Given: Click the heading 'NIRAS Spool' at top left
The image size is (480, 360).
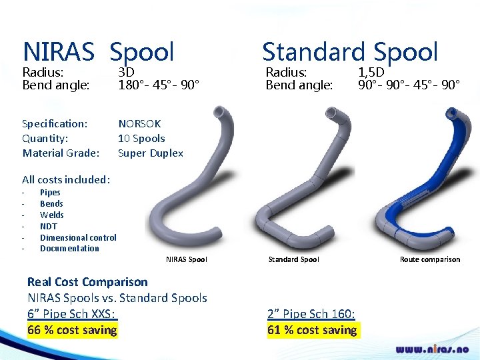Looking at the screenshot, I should coord(98,52).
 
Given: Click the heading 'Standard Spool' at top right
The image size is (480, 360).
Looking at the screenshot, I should coord(350,52).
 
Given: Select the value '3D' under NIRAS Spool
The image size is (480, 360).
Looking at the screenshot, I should coord(126,72).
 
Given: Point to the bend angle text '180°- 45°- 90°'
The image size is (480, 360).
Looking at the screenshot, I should coord(159,85).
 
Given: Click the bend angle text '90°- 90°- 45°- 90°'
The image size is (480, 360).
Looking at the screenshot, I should coord(409,85).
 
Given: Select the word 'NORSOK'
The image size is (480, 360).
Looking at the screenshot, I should coord(139,123).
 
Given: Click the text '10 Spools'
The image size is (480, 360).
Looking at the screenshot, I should coord(141,138).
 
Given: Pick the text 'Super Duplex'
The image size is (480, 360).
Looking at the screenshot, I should coord(150,153).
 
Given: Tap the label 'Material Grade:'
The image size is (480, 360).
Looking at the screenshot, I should coord(61,153).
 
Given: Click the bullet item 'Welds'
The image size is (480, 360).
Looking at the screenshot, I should coord(52,215).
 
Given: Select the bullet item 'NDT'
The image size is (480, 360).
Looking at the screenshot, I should coord(49,226).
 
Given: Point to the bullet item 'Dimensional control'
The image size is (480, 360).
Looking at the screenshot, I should coord(78,237).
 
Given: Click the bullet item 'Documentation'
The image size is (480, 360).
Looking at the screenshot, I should coord(69,249).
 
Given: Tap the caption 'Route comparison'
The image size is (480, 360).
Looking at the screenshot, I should coord(429,259).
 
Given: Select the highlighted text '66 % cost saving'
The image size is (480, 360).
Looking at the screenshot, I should coord(72,330).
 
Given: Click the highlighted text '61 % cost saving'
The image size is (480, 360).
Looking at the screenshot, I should coord(312,330).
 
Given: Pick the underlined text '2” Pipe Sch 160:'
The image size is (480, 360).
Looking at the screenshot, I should coord(311,314).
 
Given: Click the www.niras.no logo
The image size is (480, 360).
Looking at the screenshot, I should coord(432,349).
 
